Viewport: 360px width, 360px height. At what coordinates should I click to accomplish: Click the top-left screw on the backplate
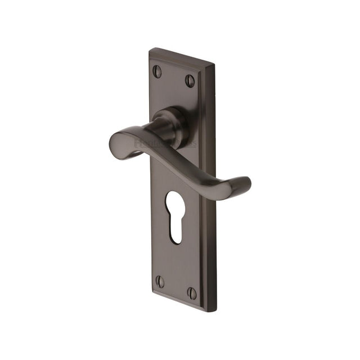pyautogui.click(x=157, y=71)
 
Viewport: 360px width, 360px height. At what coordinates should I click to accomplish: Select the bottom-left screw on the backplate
pyautogui.click(x=160, y=281)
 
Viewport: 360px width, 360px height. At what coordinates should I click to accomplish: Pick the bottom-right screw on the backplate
pyautogui.click(x=192, y=294)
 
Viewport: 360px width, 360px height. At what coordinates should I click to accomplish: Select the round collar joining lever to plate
pyautogui.click(x=172, y=127)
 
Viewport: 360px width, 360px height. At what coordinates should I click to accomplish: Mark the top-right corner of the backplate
pyautogui.click(x=214, y=70)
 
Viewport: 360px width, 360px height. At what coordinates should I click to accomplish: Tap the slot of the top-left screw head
pyautogui.click(x=157, y=71)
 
